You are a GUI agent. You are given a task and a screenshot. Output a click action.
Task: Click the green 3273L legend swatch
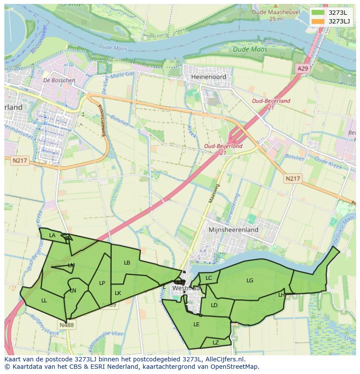[x=318, y=12]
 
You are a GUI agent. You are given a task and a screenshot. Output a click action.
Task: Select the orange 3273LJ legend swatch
[x=318, y=21]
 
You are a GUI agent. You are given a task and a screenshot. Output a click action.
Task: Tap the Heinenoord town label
[x=209, y=76]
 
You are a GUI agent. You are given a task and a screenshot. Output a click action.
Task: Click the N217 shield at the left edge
[x=20, y=161]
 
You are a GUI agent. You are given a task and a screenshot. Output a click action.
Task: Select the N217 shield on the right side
[x=293, y=179]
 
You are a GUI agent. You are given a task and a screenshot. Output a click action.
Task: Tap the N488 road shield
[x=67, y=324]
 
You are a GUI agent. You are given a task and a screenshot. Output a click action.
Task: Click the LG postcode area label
[x=250, y=281]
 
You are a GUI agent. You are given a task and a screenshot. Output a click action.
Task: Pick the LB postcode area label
[x=127, y=263]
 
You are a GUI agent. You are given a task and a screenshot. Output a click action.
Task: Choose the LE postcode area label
[x=197, y=324]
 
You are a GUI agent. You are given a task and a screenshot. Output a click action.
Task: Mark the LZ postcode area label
[x=216, y=343]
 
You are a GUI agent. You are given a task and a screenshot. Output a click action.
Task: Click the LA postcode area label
[x=52, y=235]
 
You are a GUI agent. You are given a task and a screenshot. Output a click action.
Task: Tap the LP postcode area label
[x=102, y=283]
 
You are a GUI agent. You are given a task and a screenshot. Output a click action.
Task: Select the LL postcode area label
[x=44, y=300]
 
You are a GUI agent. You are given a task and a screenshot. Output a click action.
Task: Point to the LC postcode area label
[x=209, y=278]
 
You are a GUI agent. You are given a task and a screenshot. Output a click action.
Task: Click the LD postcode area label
[x=214, y=305]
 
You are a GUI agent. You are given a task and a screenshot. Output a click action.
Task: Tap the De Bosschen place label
[x=59, y=80]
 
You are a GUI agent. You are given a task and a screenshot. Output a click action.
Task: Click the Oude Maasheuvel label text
[x=276, y=13]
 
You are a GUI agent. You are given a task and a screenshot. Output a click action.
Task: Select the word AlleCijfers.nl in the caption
[x=225, y=359]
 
